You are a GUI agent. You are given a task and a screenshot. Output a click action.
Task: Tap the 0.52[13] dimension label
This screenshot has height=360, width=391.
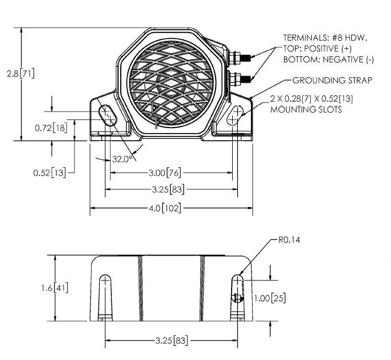(x=50, y=172)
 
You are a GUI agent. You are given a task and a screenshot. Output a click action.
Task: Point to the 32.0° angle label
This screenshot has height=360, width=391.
(x=122, y=158)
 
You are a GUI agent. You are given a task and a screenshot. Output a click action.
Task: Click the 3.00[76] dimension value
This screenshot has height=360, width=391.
(x=165, y=173)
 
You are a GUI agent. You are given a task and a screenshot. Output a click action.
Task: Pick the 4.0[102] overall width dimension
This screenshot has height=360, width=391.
(x=166, y=208)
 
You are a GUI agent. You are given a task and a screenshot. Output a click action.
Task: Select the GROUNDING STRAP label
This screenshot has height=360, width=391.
(x=332, y=81)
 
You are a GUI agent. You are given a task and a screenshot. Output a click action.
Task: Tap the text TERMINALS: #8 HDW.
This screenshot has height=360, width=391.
(x=325, y=38)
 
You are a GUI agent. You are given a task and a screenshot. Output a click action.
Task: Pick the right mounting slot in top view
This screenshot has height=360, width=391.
(x=235, y=117)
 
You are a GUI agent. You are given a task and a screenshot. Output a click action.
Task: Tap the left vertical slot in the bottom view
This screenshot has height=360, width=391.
(x=105, y=295)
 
